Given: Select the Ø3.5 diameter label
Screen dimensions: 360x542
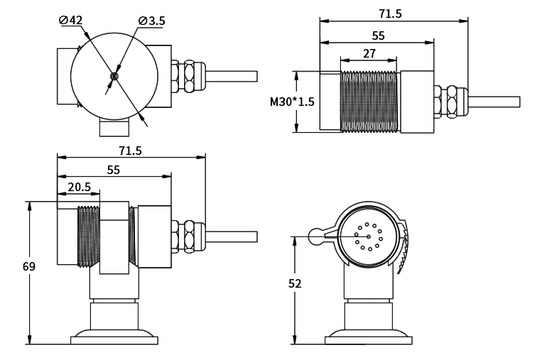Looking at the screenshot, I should [x=152, y=21].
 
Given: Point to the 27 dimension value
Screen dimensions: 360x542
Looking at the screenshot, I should [x=369, y=53].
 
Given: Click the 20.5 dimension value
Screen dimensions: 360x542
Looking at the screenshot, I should [x=79, y=187].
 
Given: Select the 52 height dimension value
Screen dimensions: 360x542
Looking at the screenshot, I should [x=296, y=283].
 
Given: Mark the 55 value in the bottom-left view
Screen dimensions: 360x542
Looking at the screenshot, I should [x=114, y=170].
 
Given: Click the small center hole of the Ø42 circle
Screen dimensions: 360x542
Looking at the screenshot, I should [x=114, y=76].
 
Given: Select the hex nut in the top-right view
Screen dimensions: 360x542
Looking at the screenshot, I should [x=450, y=101].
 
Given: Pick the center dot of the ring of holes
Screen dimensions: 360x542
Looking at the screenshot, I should [x=369, y=236].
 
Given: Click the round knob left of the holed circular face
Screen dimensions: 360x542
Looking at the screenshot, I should [x=316, y=236].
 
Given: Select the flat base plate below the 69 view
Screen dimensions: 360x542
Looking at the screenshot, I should [x=114, y=340].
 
